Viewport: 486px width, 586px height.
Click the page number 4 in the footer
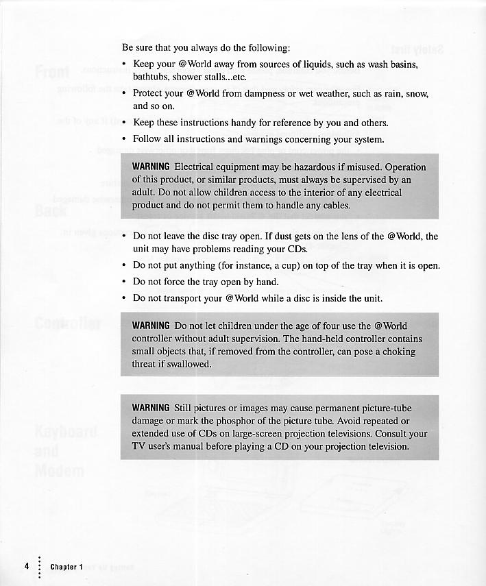(27, 566)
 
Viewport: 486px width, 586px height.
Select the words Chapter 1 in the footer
(66, 567)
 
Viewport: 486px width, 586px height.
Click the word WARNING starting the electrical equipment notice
(151, 167)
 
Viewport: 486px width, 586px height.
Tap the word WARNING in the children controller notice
(151, 326)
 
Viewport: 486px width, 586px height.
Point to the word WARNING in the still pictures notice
(151, 408)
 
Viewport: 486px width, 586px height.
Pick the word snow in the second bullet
(414, 93)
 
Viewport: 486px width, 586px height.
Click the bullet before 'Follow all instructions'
(123, 139)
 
